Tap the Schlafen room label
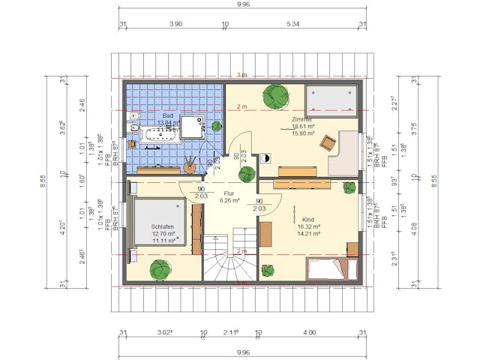(x=163, y=226)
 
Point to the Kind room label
(x=308, y=219)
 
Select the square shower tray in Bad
(x=195, y=128)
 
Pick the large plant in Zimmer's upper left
(x=275, y=97)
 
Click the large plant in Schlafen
(x=160, y=268)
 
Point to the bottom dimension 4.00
(x=309, y=333)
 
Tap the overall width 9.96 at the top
(x=242, y=4)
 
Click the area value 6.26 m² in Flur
(x=229, y=201)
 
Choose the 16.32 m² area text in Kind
(x=308, y=226)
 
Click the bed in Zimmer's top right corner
(x=330, y=100)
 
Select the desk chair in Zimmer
(x=326, y=142)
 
